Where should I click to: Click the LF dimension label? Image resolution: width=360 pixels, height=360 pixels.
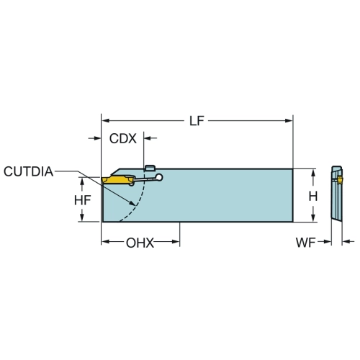pyautogui.click(x=197, y=121)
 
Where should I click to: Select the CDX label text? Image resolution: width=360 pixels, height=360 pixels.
pyautogui.click(x=122, y=138)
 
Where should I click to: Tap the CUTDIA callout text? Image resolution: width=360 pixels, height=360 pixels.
pyautogui.click(x=28, y=171)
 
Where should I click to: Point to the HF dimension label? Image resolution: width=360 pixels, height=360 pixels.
pyautogui.click(x=82, y=200)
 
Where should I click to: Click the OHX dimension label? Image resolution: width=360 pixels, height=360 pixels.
pyautogui.click(x=140, y=243)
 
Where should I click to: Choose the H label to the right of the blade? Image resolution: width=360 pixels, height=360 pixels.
pyautogui.click(x=313, y=197)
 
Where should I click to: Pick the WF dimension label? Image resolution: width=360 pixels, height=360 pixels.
pyautogui.click(x=305, y=243)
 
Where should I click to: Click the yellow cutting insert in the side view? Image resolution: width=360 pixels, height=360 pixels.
pyautogui.click(x=117, y=179)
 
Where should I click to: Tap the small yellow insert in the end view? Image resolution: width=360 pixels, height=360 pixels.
pyautogui.click(x=340, y=179)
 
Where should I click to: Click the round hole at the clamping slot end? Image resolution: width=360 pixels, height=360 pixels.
pyautogui.click(x=158, y=177)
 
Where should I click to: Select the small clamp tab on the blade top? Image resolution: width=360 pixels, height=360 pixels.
pyautogui.click(x=150, y=168)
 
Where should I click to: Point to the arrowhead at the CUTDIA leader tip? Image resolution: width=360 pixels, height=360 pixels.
pyautogui.click(x=132, y=203)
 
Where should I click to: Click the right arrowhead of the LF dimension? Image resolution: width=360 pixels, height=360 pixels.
pyautogui.click(x=289, y=121)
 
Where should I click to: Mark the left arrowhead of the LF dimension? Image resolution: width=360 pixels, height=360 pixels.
pyautogui.click(x=106, y=121)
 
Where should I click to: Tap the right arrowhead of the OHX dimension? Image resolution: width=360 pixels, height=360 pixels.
pyautogui.click(x=176, y=242)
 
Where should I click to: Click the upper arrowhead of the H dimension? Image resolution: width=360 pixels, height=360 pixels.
pyautogui.click(x=313, y=173)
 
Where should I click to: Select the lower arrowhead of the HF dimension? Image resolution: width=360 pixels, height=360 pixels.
pyautogui.click(x=82, y=217)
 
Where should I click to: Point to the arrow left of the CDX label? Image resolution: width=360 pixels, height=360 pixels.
pyautogui.click(x=94, y=138)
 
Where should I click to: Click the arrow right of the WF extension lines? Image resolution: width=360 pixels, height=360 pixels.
pyautogui.click(x=348, y=242)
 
